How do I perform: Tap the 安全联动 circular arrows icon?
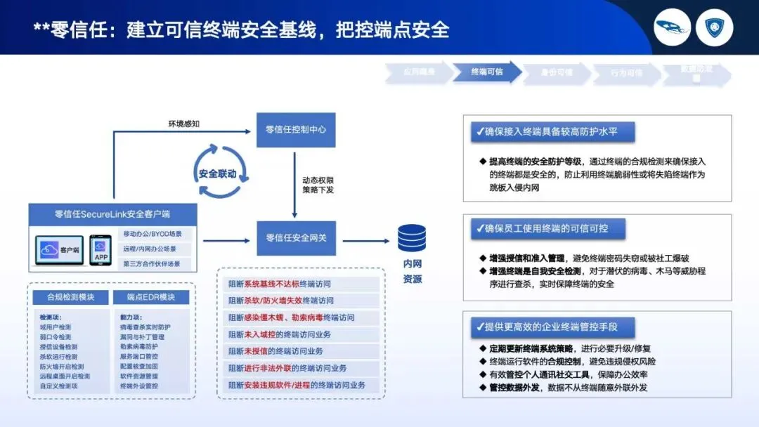click(217, 173)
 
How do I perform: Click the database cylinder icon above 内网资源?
click(411, 239)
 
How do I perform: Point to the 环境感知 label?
click(184, 124)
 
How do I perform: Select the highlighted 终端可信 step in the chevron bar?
click(487, 72)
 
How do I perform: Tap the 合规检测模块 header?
click(70, 297)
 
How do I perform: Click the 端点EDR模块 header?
click(150, 297)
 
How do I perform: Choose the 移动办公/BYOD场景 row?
click(152, 235)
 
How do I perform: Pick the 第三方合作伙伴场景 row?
click(152, 263)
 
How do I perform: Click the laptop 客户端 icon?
click(60, 250)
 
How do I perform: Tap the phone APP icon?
click(100, 249)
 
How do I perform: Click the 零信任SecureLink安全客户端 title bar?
click(112, 214)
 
